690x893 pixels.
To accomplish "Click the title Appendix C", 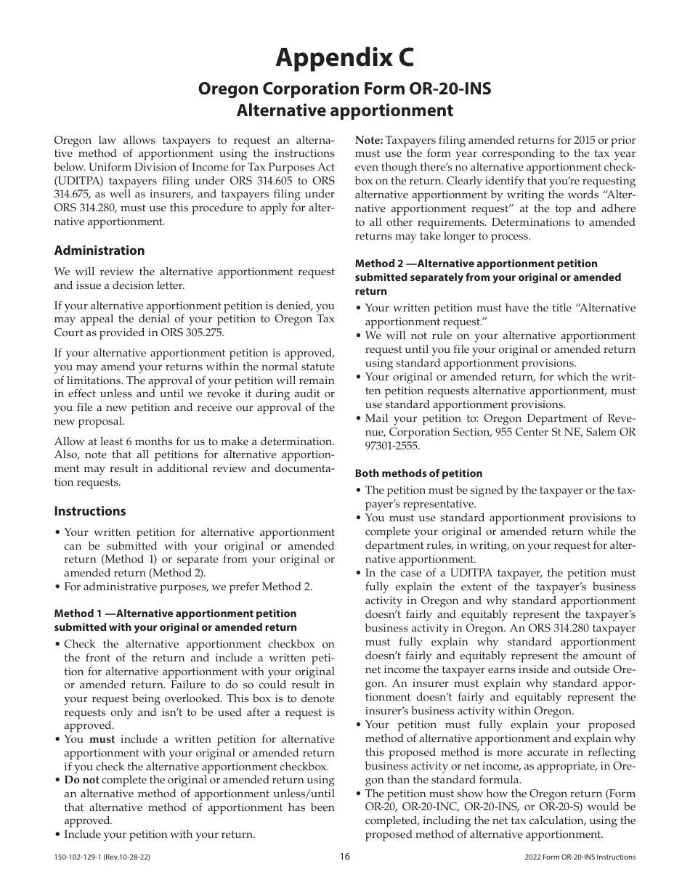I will click(345, 57).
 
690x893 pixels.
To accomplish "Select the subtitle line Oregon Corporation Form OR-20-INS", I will click(345, 89).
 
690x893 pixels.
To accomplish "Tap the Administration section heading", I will click(100, 250).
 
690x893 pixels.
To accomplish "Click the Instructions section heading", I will click(90, 511).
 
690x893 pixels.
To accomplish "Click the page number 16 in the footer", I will click(345, 857).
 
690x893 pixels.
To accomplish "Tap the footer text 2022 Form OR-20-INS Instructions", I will click(579, 857).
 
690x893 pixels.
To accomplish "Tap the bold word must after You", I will click(100, 739).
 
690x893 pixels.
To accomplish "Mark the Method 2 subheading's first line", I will click(476, 264).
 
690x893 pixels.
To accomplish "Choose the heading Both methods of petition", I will click(418, 473).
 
